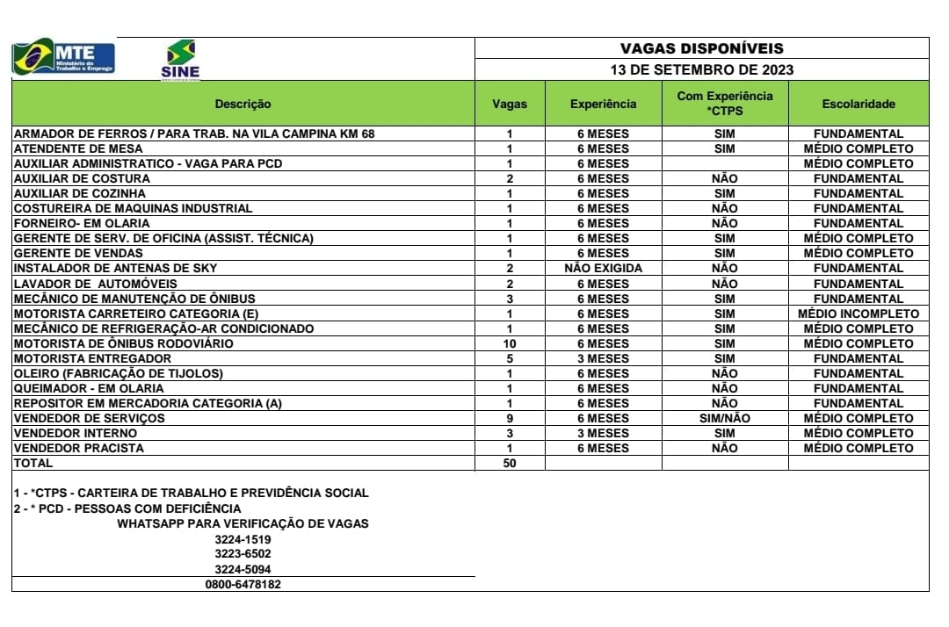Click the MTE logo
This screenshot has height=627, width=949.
click(63, 58)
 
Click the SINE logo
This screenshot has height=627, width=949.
click(180, 59)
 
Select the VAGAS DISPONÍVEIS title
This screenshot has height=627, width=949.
click(701, 48)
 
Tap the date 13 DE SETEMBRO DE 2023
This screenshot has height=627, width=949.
click(701, 69)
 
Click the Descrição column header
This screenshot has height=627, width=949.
click(243, 104)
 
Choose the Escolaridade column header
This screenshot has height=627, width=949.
click(858, 104)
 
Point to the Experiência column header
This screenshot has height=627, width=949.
click(603, 104)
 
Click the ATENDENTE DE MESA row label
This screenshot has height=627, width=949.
click(72, 148)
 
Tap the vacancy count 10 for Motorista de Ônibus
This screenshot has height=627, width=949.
click(510, 343)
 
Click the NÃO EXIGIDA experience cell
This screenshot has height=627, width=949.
click(603, 268)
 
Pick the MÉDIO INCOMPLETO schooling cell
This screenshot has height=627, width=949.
click(858, 313)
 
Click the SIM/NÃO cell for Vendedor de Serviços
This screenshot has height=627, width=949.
click(724, 418)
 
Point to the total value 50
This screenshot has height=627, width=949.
click(510, 463)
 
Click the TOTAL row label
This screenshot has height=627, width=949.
click(33, 463)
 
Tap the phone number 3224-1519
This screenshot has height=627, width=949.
click(243, 539)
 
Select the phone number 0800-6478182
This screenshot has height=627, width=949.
click(243, 584)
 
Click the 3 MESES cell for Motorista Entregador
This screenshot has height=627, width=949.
click(603, 358)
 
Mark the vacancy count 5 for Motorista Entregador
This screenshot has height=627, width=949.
click(510, 358)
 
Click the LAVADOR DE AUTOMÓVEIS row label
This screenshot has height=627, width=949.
click(95, 284)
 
